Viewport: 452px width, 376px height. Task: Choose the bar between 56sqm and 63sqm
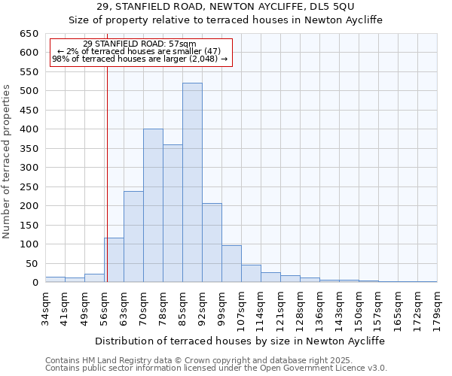click(x=115, y=260)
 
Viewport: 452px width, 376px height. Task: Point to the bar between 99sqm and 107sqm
click(x=231, y=264)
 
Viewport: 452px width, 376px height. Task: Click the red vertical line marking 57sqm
click(x=107, y=188)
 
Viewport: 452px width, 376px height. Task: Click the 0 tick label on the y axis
click(x=35, y=283)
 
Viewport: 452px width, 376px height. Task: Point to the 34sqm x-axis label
click(x=45, y=306)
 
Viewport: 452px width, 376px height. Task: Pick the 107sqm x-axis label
click(x=242, y=308)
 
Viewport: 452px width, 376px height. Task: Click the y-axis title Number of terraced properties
click(x=7, y=162)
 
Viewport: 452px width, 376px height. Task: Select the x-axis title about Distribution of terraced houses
click(x=240, y=341)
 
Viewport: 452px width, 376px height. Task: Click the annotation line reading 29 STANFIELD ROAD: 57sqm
click(x=139, y=44)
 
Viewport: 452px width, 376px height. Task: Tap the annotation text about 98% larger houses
click(x=139, y=59)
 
